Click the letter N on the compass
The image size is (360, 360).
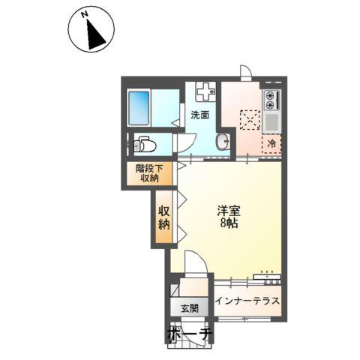[85, 15]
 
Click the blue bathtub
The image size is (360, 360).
[139, 108]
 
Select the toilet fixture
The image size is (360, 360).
[145, 144]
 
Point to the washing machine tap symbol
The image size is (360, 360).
[205, 91]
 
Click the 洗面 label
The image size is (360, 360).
[200, 115]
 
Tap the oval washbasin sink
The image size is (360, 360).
[223, 142]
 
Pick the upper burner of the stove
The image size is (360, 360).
[270, 95]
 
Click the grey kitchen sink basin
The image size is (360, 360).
[271, 121]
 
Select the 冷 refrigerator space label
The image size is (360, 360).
[271, 143]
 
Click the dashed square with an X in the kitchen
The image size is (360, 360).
[250, 120]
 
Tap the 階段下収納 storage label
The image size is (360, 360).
[149, 173]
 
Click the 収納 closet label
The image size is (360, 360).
[164, 217]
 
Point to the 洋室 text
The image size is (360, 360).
[229, 211]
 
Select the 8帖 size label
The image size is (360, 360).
[229, 223]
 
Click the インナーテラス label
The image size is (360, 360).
[247, 301]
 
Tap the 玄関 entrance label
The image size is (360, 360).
[190, 308]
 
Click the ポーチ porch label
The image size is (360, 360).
[190, 334]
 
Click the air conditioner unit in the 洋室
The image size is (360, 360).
[267, 277]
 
